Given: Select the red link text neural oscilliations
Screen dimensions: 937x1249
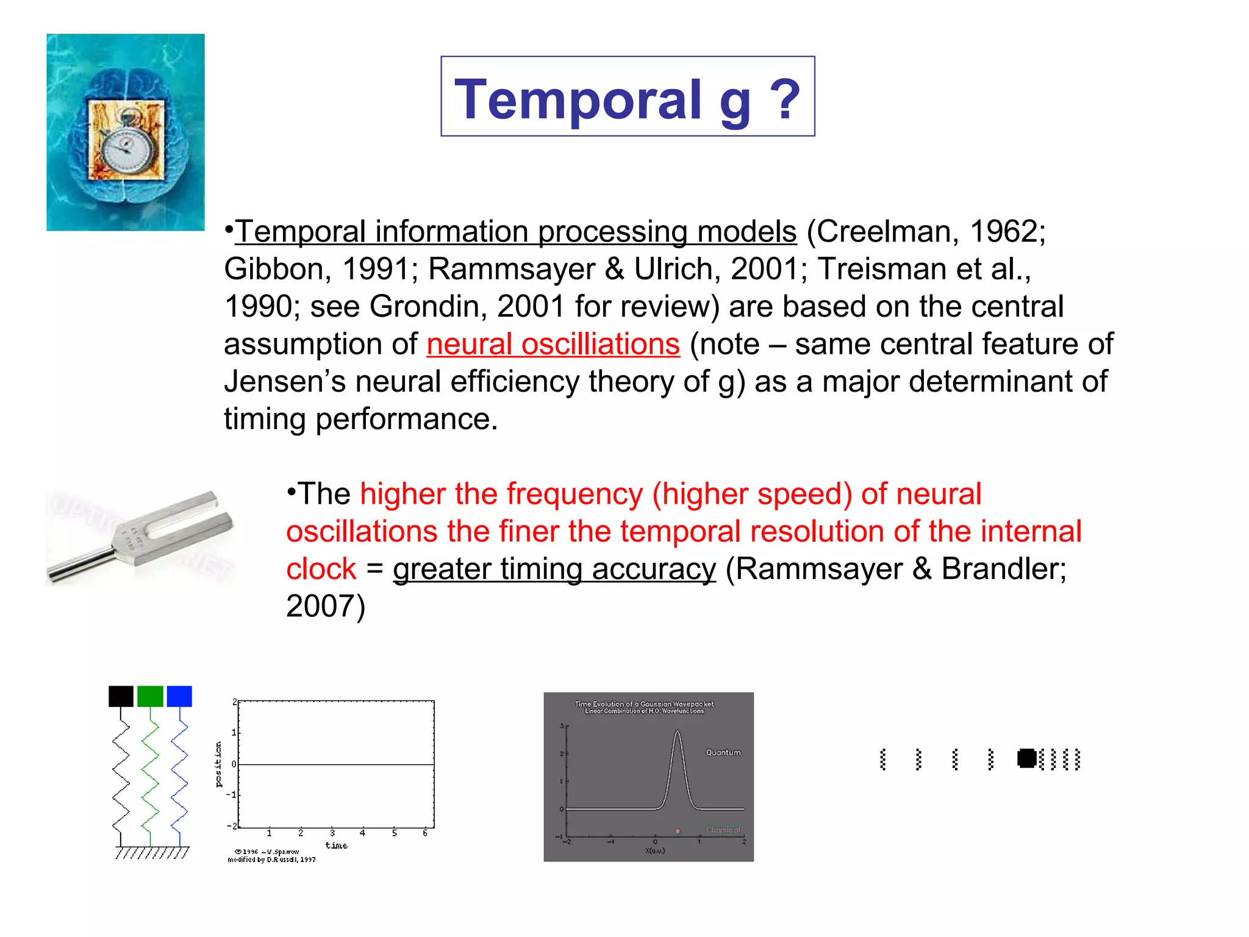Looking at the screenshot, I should click(553, 344).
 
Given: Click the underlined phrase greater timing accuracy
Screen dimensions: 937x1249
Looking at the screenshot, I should click(554, 569).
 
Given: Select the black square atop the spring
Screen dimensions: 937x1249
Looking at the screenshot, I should click(121, 696).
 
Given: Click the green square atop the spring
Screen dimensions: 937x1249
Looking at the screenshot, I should click(150, 696).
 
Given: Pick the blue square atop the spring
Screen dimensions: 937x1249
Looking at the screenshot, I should click(179, 696).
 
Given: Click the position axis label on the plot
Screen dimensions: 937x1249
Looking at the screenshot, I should click(219, 764).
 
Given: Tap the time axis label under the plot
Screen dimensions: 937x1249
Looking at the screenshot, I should click(336, 845).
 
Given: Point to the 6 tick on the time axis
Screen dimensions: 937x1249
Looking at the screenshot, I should click(425, 833).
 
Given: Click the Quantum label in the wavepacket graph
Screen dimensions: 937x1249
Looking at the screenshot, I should click(723, 753).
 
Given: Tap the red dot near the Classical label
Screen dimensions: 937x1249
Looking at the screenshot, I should click(678, 831).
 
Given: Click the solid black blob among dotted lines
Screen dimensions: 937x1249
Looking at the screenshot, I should click(1027, 758).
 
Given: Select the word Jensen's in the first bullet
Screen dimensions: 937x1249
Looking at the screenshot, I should click(285, 382).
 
